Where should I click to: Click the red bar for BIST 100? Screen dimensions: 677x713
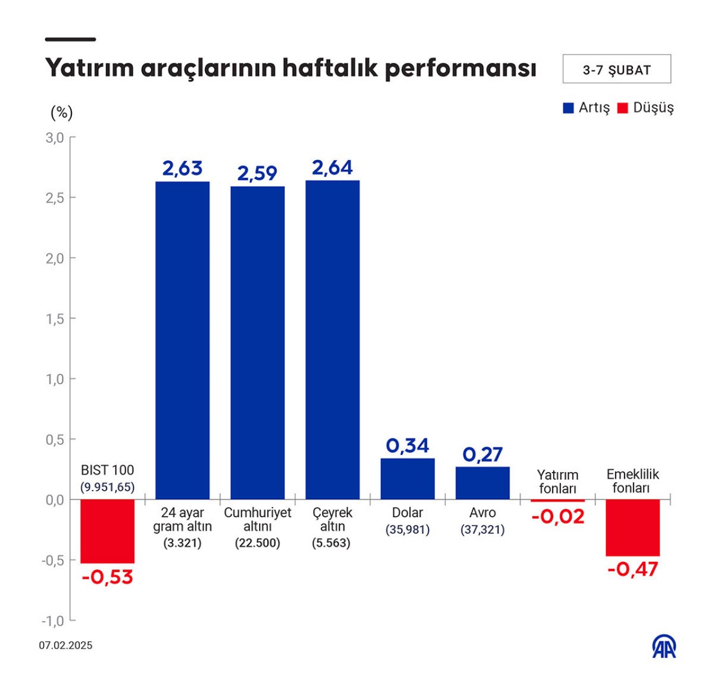[x=108, y=531]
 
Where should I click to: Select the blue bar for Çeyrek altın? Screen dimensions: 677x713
[x=332, y=340]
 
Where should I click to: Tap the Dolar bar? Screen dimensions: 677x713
[x=408, y=479]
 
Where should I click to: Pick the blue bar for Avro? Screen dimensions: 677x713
[x=482, y=483]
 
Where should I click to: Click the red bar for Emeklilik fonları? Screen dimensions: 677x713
[x=633, y=527]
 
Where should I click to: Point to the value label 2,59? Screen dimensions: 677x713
[x=257, y=173]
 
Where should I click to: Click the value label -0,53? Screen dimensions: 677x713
[x=108, y=577]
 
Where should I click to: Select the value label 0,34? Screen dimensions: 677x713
[x=408, y=446]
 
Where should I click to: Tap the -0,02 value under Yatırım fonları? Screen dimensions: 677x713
[x=558, y=517]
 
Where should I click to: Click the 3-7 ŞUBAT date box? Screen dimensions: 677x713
[x=617, y=69]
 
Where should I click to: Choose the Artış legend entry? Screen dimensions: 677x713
[x=586, y=108]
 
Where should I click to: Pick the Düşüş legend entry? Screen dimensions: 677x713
[x=646, y=108]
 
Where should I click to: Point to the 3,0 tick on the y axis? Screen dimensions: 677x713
[x=55, y=138]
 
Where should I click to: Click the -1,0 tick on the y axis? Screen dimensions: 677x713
[x=53, y=621]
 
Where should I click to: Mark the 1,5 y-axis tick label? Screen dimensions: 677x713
[x=55, y=319]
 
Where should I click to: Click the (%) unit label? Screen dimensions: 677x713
[x=62, y=112]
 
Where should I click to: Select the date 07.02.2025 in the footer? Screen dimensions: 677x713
[x=66, y=646]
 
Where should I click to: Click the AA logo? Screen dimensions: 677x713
[x=664, y=647]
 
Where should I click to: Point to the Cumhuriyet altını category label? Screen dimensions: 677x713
[x=257, y=519]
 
